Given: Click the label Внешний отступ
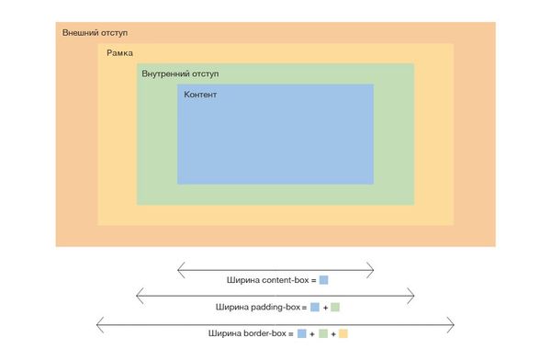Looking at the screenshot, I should coord(95,33).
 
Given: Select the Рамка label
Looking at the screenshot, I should coord(119,53).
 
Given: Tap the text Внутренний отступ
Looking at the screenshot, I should coord(180,73).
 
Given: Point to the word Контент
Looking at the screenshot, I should coord(200,95).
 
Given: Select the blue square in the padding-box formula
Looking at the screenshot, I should coord(315,307).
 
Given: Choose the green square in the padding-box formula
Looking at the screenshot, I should coord(335,307).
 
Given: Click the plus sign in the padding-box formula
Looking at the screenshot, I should coord(325,307).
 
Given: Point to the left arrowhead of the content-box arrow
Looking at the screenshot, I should coord(179,268).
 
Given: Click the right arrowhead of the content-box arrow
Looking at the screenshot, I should coord(372,268).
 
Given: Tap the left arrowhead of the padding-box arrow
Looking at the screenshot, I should coord(138,295).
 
